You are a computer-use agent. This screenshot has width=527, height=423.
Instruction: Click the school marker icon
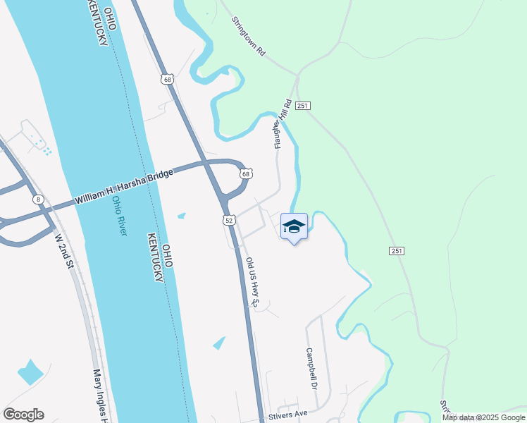[x=294, y=226]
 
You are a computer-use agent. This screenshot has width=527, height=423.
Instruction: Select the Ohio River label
[x=118, y=216]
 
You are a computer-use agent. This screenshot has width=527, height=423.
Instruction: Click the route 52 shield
[x=230, y=221]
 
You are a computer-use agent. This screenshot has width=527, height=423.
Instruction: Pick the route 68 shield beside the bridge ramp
[x=245, y=173]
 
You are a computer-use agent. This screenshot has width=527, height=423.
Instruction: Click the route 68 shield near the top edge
[x=166, y=79]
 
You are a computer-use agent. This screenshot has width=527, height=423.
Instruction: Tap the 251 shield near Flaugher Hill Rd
[x=303, y=105]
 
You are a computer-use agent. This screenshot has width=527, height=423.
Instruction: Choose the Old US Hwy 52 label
[x=254, y=282]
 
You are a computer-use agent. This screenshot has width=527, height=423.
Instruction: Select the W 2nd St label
[x=64, y=252]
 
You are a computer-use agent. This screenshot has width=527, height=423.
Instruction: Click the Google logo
[x=23, y=415]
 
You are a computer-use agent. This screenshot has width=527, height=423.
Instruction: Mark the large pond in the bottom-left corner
[x=30, y=372]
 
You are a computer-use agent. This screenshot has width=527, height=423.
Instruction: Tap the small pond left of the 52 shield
[x=182, y=215]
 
